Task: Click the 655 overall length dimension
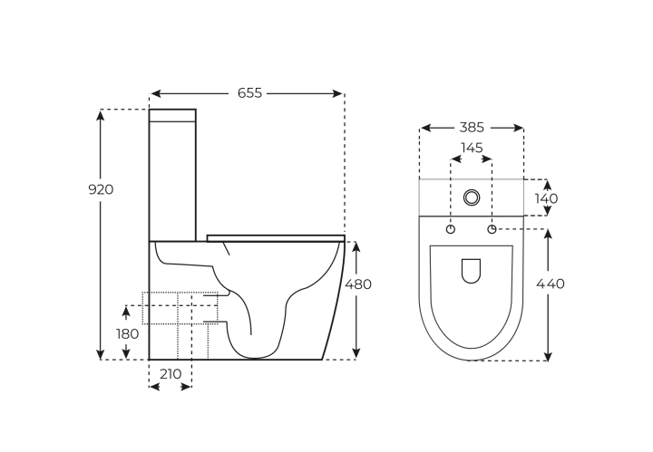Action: [x=250, y=93]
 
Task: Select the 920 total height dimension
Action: [x=101, y=189]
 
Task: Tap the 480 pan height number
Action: [x=358, y=284]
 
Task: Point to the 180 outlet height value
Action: [x=127, y=334]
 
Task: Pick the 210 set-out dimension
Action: [x=171, y=374]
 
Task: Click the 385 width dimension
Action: [x=472, y=128]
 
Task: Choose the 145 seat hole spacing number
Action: [x=472, y=148]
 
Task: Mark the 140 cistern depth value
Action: [x=546, y=198]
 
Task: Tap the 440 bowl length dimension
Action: [x=551, y=284]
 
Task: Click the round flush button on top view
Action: [x=472, y=197]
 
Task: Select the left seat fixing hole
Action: [x=451, y=229]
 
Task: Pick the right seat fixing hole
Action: [x=492, y=229]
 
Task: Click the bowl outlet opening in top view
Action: [x=471, y=271]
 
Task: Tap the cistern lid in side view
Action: [x=172, y=116]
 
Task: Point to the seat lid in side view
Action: [x=276, y=238]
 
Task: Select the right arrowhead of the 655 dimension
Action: [x=337, y=93]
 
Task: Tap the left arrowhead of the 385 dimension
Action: [x=425, y=128]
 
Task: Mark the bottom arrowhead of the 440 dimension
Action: [x=548, y=356]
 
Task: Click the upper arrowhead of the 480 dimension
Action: [x=356, y=246]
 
